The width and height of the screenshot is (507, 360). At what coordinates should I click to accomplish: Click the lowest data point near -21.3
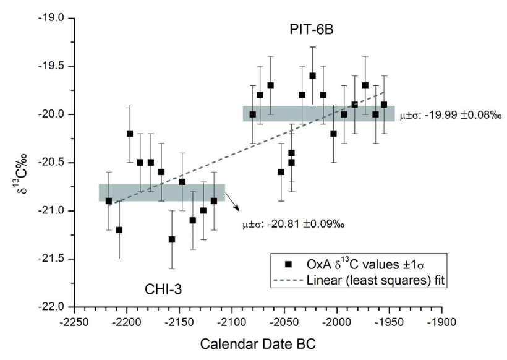tap(172, 239)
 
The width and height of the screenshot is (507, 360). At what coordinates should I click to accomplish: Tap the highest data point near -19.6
tap(313, 75)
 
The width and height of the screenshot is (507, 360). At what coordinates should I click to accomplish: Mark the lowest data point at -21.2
tap(119, 229)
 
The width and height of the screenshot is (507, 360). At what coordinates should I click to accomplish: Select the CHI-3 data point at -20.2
tap(130, 133)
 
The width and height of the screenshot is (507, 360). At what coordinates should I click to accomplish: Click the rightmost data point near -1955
tap(384, 105)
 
